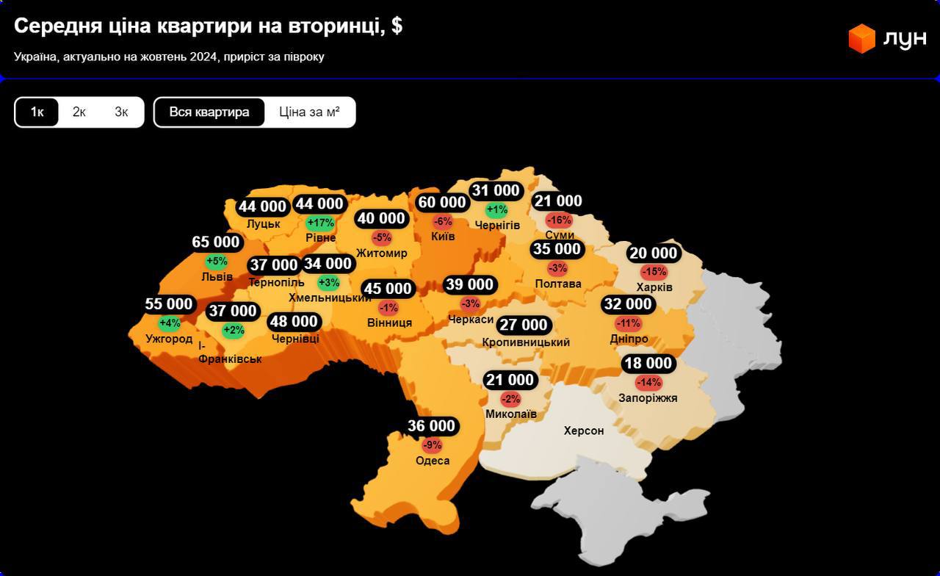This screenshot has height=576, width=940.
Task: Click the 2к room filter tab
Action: (79, 112)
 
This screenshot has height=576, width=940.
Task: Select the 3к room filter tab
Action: (121, 112)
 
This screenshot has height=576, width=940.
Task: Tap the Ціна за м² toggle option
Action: (309, 112)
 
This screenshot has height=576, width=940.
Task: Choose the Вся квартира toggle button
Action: (209, 112)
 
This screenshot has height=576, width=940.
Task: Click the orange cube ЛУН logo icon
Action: (861, 38)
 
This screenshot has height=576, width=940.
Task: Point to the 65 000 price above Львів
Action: (216, 242)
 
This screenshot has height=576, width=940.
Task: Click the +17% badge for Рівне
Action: (320, 223)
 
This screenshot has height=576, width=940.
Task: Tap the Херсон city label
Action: (584, 431)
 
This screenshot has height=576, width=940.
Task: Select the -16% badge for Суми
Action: (559, 220)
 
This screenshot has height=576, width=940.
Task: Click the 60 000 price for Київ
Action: (442, 202)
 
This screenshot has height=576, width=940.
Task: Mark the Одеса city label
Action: (433, 461)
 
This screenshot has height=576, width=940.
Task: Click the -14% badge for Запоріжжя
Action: (648, 382)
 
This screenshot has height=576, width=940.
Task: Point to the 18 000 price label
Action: (648, 363)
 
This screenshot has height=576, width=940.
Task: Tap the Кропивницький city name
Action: (526, 342)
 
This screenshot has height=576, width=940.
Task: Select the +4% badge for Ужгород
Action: (169, 323)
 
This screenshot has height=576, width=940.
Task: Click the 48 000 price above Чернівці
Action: (294, 321)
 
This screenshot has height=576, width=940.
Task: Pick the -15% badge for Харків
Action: (654, 272)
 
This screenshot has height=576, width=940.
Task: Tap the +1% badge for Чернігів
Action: (497, 210)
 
